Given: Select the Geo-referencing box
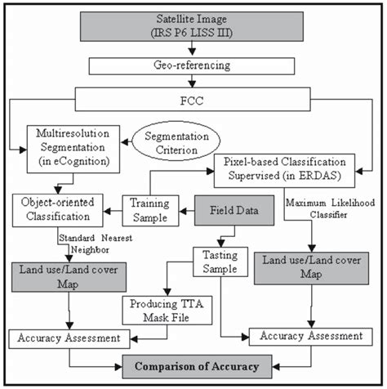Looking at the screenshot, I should coord(193,65).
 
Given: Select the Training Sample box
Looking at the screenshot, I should coord(149,211).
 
